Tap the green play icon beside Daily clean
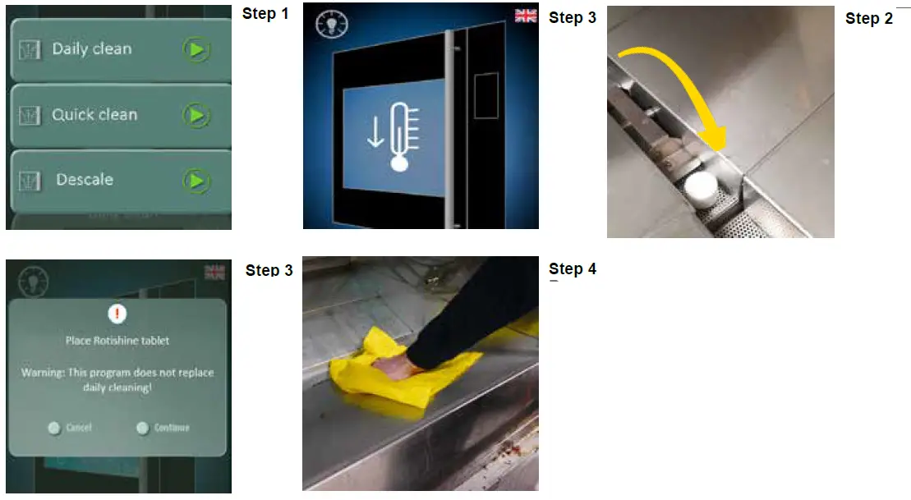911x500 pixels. (196, 50)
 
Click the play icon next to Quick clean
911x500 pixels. (196, 115)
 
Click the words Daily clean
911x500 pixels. (91, 49)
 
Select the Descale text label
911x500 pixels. (85, 180)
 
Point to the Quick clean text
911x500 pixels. (94, 115)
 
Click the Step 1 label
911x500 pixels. (265, 14)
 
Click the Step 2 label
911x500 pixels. (868, 19)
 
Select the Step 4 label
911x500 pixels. (572, 269)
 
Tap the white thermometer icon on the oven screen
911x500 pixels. (400, 136)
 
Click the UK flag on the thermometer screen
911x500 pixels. (526, 16)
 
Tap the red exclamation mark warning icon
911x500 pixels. (118, 313)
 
